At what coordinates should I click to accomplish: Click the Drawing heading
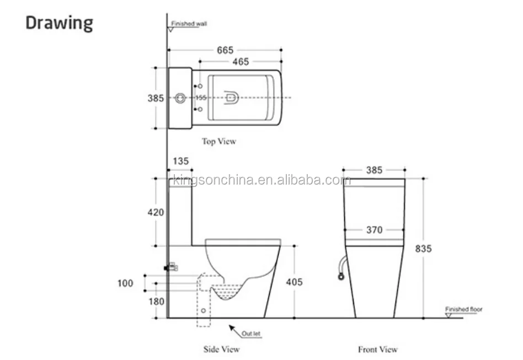pyautogui.click(x=60, y=23)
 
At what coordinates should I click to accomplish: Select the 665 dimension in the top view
pyautogui.click(x=225, y=50)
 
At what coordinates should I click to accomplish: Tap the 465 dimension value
pyautogui.click(x=240, y=62)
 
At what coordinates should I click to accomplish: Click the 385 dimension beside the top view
pyautogui.click(x=156, y=99)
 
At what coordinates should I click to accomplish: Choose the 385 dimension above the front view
pyautogui.click(x=374, y=170)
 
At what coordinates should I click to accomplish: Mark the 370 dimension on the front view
pyautogui.click(x=374, y=230)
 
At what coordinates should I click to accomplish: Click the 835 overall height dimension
pyautogui.click(x=423, y=249)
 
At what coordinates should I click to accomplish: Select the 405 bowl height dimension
pyautogui.click(x=295, y=282)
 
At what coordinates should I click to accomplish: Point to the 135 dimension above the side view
pyautogui.click(x=181, y=162)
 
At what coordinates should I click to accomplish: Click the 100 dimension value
pyautogui.click(x=125, y=283)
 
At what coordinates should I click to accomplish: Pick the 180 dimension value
pyautogui.click(x=157, y=302)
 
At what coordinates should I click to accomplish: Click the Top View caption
pyautogui.click(x=218, y=142)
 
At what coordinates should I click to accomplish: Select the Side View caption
pyautogui.click(x=222, y=349)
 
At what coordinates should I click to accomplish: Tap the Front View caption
pyautogui.click(x=378, y=349)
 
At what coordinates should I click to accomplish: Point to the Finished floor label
pyautogui.click(x=464, y=309)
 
